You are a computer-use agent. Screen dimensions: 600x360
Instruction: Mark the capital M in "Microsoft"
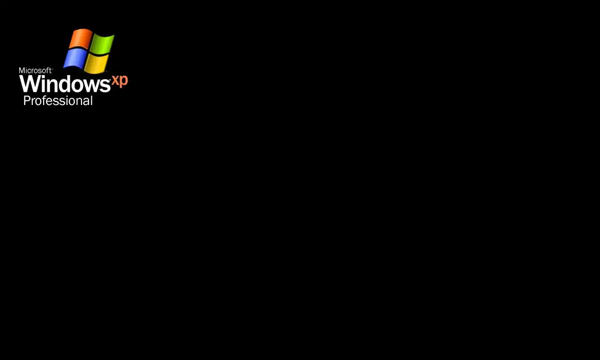22,70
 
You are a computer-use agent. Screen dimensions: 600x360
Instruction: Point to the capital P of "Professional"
26,101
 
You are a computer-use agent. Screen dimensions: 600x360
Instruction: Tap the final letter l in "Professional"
91,100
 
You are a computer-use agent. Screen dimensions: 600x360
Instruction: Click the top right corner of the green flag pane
114,35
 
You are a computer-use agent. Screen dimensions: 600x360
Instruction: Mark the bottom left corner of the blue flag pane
64,67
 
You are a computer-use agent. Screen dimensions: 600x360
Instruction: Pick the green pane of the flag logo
103,44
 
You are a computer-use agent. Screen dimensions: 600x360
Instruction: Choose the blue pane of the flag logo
75,59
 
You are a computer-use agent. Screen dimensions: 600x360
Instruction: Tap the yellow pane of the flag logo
97,63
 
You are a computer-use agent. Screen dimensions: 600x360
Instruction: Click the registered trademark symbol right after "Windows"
110,80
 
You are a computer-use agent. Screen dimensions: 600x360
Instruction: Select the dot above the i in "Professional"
67,97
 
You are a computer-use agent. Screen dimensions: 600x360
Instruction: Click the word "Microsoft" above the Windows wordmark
35,70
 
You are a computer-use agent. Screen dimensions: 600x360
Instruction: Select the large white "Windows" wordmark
64,83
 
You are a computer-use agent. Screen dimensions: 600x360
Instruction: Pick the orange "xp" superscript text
120,81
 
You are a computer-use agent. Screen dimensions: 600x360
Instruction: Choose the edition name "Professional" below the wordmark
58,100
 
